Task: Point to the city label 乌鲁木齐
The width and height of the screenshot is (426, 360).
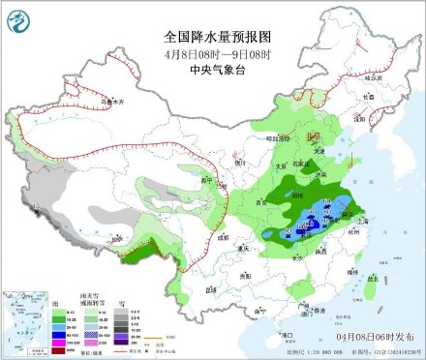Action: (x=88, y=100)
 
